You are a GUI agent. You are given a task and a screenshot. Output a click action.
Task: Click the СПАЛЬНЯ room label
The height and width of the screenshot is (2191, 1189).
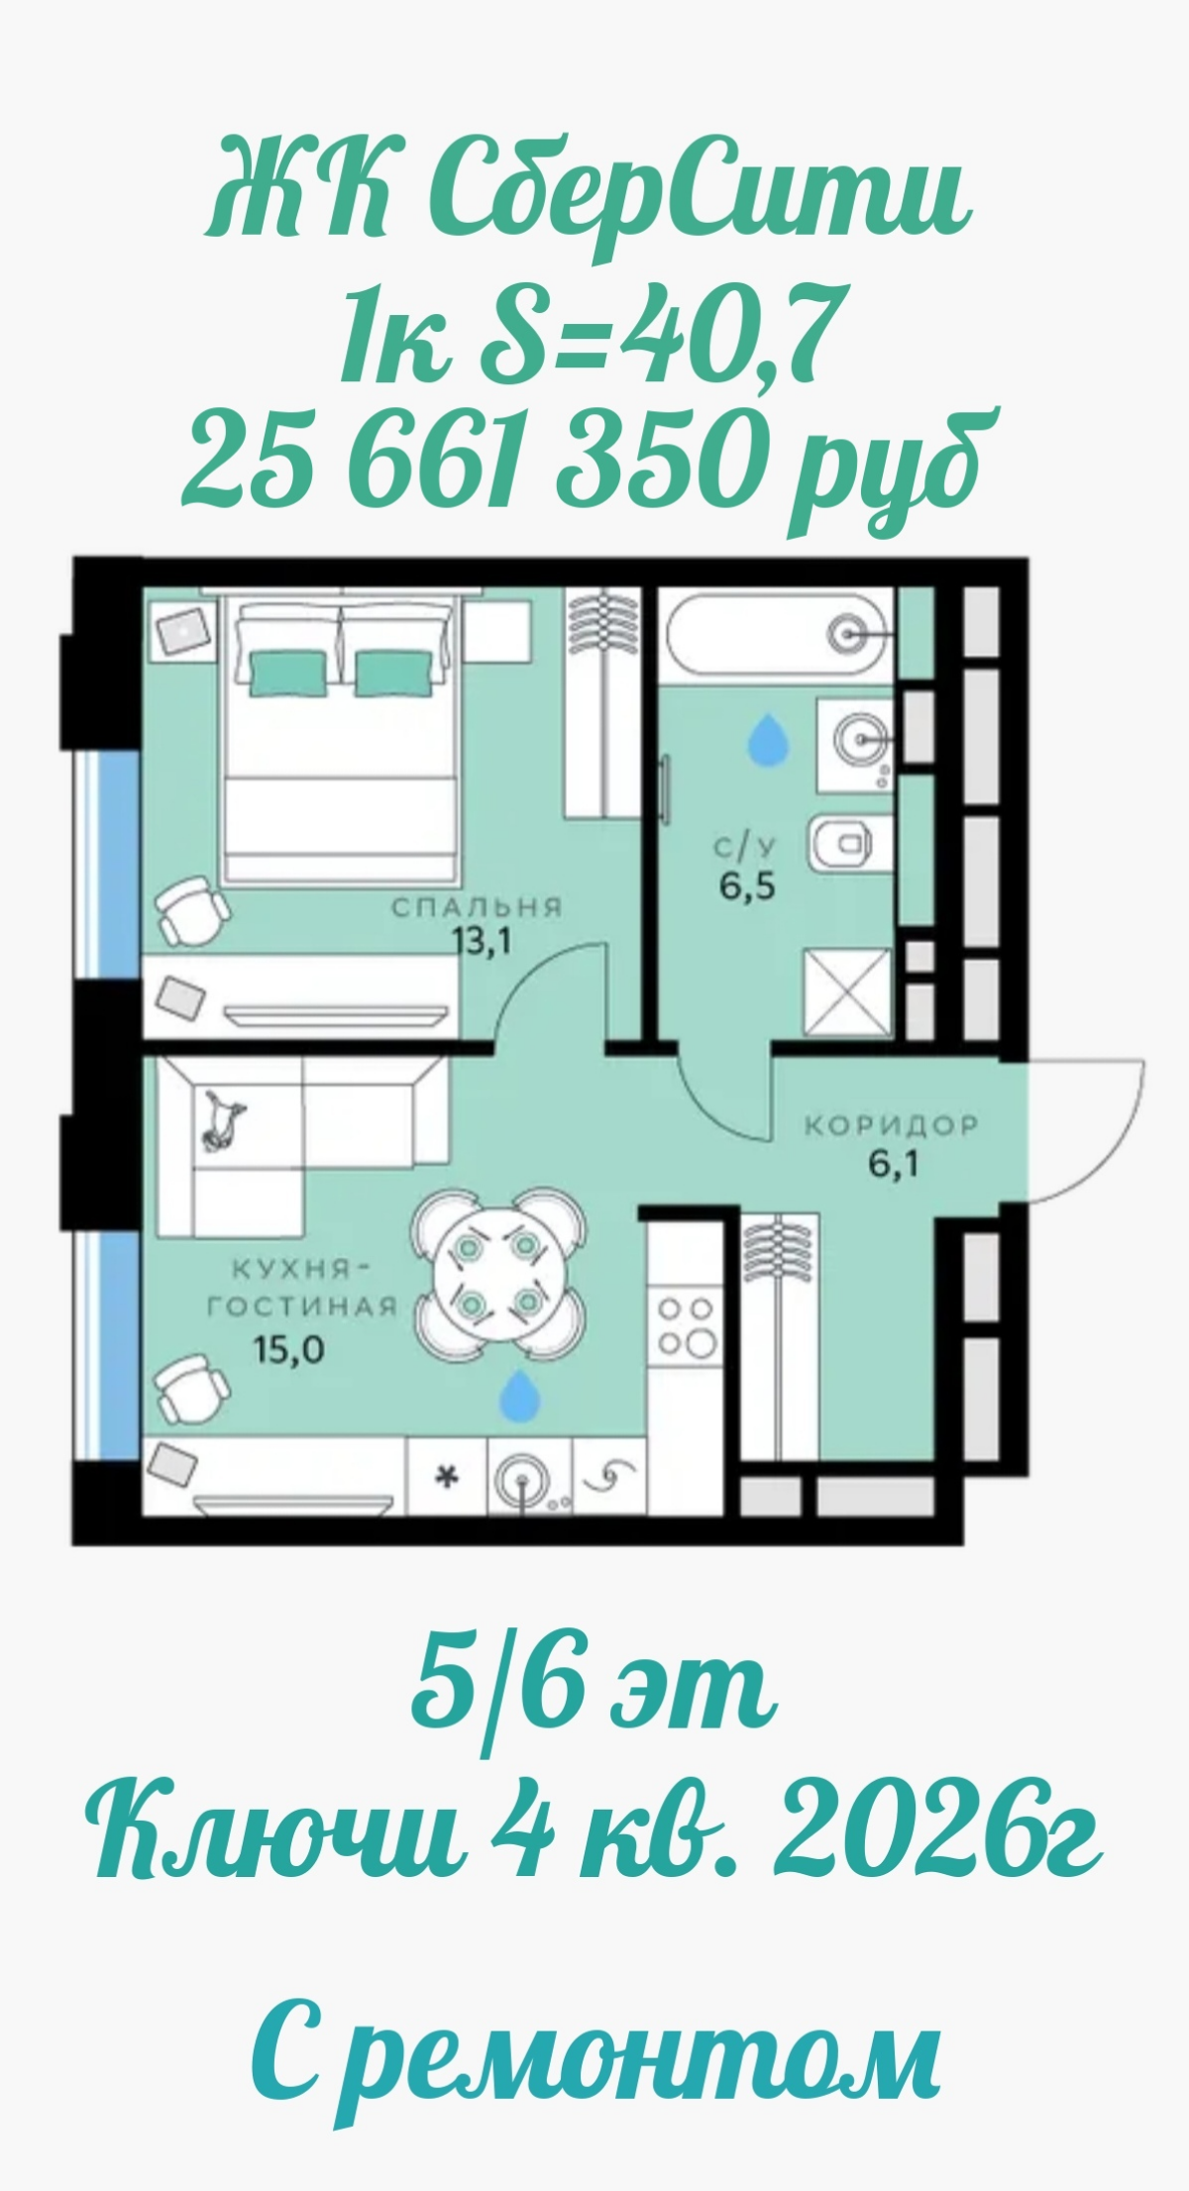coord(477,907)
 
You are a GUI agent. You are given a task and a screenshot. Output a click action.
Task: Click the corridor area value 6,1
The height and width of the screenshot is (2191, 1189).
coord(895,1165)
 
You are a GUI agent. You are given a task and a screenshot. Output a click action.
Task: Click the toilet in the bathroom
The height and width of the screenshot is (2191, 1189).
coord(842,844)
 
